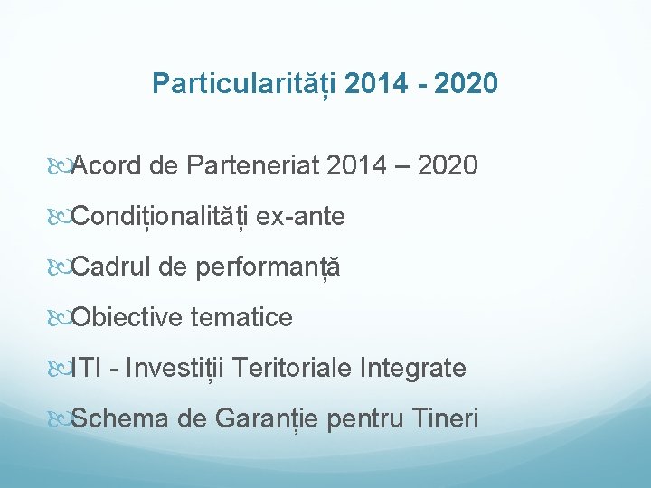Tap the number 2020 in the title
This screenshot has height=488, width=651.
(x=465, y=84)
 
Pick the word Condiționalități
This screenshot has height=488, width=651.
(x=160, y=217)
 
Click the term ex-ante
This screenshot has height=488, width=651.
(x=300, y=217)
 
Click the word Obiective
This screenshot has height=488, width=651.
(x=126, y=318)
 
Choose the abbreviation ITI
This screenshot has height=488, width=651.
(x=86, y=369)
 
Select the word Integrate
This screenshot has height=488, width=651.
(x=413, y=369)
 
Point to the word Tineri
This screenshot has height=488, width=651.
(x=445, y=419)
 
